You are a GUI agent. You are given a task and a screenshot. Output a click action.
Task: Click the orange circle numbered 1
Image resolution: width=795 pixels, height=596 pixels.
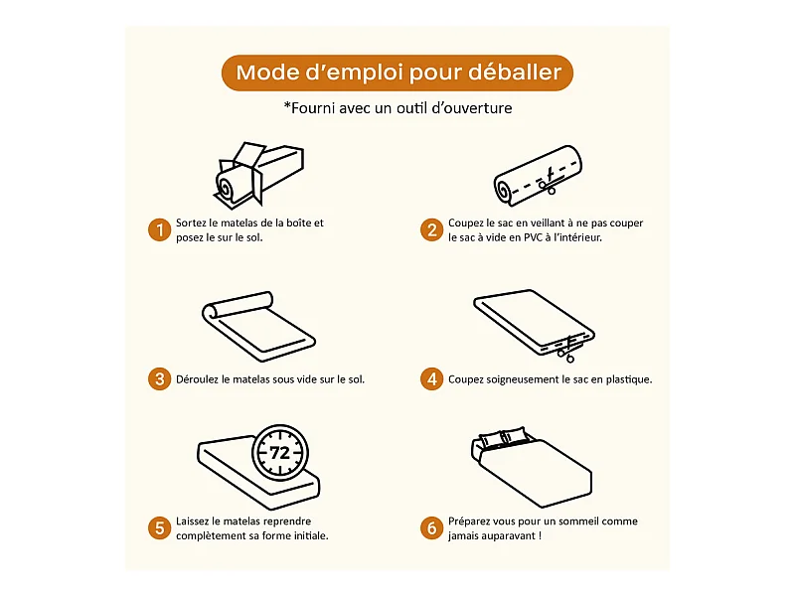click(159, 230)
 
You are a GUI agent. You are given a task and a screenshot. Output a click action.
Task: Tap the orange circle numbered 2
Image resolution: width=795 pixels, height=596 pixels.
click(431, 230)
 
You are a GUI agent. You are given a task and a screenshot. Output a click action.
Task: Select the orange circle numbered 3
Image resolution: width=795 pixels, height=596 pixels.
click(159, 379)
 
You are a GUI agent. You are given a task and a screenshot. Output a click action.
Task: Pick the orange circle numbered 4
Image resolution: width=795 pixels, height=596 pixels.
click(431, 379)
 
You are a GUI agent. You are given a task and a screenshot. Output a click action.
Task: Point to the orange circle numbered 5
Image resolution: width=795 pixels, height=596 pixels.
click(159, 528)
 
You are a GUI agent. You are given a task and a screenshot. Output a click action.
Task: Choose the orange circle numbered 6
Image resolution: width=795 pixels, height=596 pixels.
click(431, 528)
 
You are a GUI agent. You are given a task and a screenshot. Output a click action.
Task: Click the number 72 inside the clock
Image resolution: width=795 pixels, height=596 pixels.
click(280, 453)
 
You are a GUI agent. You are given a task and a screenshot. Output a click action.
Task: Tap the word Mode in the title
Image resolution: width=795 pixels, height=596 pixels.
click(267, 73)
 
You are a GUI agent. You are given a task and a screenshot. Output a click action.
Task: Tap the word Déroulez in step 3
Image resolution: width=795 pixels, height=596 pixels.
click(197, 379)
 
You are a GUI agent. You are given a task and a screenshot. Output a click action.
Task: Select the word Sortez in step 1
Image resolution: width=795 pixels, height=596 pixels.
click(191, 223)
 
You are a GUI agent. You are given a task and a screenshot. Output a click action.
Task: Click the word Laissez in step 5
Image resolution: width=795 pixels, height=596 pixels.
click(193, 521)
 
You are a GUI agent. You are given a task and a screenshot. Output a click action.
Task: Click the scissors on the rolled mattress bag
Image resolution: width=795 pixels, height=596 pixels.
click(549, 182)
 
